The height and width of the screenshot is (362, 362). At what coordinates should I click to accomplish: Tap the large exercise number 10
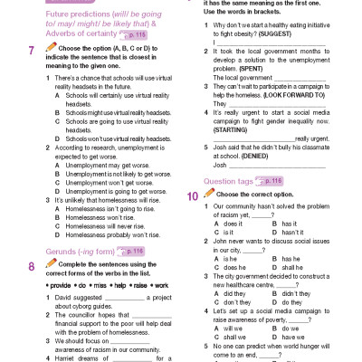click(193, 169)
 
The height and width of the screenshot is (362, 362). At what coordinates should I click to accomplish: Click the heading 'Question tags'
click(230, 156)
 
